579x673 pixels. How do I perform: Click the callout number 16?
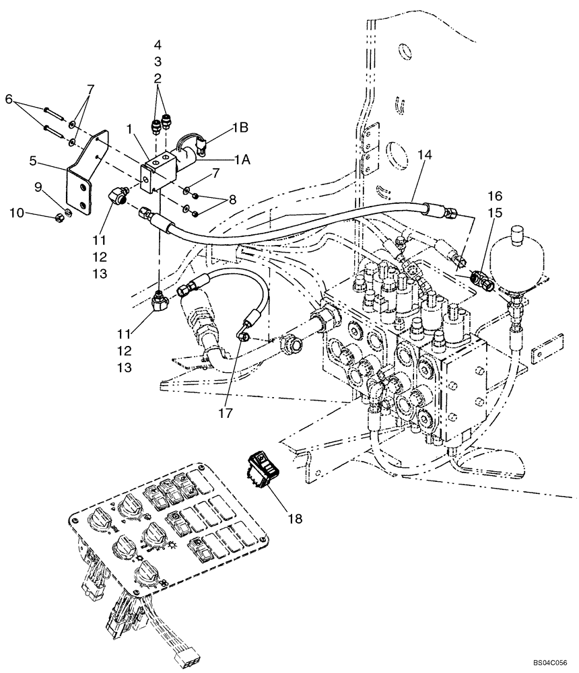click(x=494, y=196)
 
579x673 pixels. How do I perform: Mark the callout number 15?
click(x=494, y=213)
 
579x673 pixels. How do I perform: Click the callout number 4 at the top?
click(x=158, y=45)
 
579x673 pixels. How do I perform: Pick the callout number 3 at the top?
click(x=158, y=61)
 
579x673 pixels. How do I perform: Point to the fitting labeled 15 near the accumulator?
click(x=483, y=278)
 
